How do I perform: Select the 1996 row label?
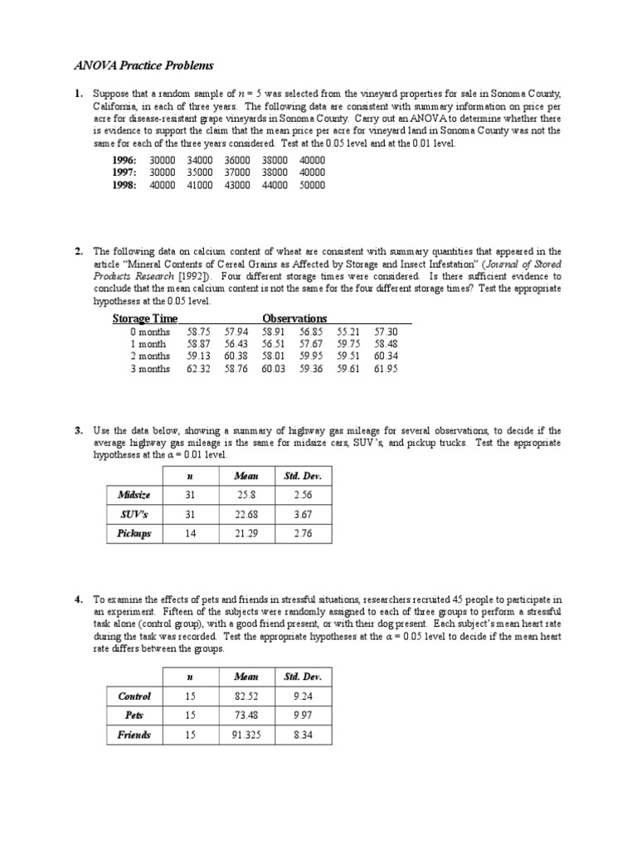[x=124, y=160]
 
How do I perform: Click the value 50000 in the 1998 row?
[x=312, y=186]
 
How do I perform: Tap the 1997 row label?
[x=124, y=172]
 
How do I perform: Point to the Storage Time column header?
[x=145, y=318]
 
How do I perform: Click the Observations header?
[x=294, y=318]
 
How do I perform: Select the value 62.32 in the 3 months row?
[x=199, y=369]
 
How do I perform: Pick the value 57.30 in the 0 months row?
[x=386, y=331]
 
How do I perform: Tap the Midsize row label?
[x=134, y=495]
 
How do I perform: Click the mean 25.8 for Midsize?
[x=246, y=495]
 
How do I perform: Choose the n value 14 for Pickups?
[x=190, y=533]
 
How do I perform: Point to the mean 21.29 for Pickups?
[x=246, y=533]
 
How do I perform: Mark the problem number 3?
[x=78, y=431]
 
